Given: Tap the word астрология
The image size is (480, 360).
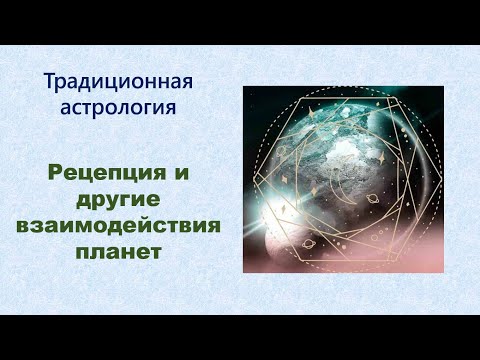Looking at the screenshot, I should [x=118, y=105].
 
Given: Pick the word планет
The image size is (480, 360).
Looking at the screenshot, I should [x=118, y=247].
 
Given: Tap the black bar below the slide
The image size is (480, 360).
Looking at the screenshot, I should [x=240, y=337].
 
